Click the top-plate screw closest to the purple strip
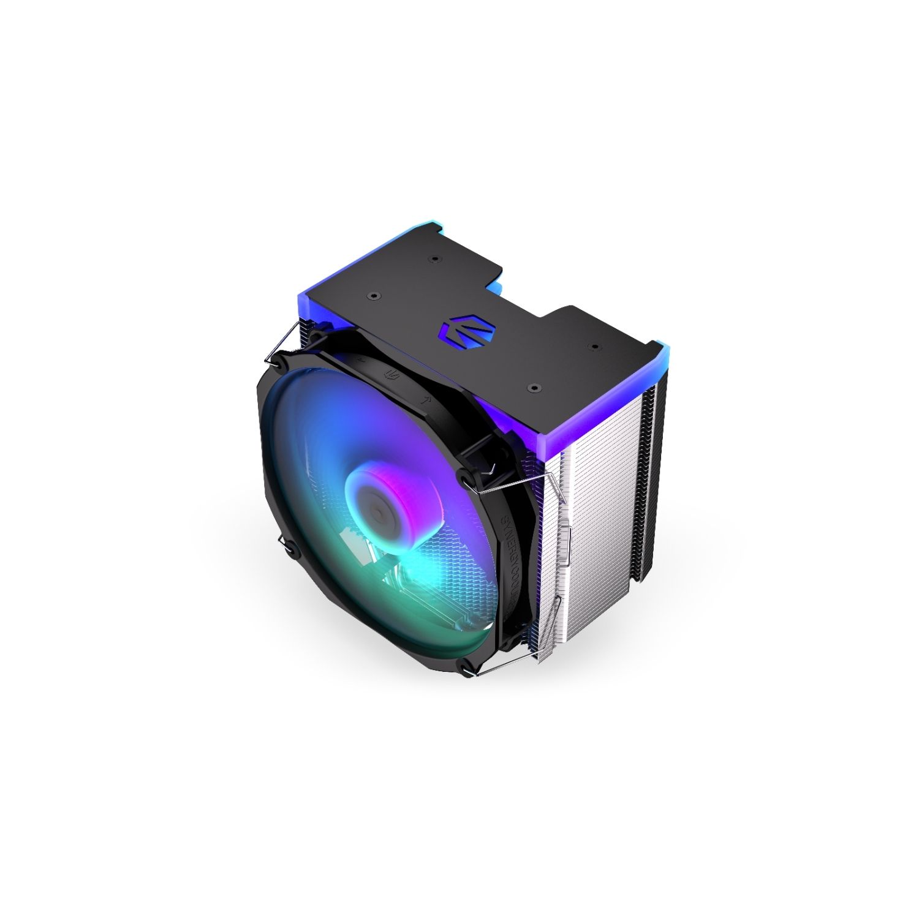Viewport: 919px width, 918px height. click(534, 387)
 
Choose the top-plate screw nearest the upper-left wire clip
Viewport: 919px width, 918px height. click(371, 295)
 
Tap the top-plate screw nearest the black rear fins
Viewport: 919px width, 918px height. click(593, 347)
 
